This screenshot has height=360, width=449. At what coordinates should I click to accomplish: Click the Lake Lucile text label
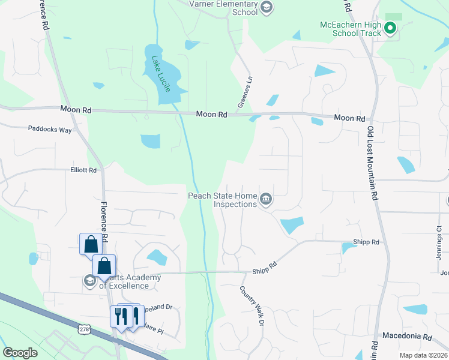coord(161,74)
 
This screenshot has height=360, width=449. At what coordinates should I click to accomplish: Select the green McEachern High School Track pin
coord(390,28)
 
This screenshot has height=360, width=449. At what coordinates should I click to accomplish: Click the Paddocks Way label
coord(50,129)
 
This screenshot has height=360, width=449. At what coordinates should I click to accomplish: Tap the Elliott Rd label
coord(83,170)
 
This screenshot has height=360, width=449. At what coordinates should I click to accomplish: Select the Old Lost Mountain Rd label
coord(373,163)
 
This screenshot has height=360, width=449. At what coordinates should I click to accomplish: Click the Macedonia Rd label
coord(407,336)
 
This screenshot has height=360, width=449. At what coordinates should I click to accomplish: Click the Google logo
coord(20,353)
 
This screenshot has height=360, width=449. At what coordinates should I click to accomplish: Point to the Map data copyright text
coord(423,355)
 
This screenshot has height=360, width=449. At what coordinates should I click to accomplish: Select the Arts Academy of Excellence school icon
coord(89,280)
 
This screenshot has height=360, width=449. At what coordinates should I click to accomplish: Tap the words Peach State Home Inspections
coord(222,199)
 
